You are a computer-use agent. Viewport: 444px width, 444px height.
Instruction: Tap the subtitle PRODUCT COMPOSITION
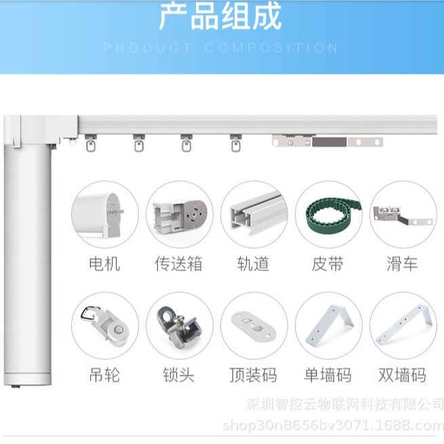pyautogui.click(x=221, y=48)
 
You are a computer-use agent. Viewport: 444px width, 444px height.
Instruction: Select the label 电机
pyautogui.click(x=104, y=264)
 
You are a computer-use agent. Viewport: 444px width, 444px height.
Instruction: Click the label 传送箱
pyautogui.click(x=179, y=264)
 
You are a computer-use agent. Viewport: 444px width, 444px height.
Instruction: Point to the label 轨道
pyautogui.click(x=254, y=264)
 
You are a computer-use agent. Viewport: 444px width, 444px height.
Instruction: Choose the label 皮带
pyautogui.click(x=328, y=264)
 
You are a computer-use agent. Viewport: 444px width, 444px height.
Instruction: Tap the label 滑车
pyautogui.click(x=403, y=264)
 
